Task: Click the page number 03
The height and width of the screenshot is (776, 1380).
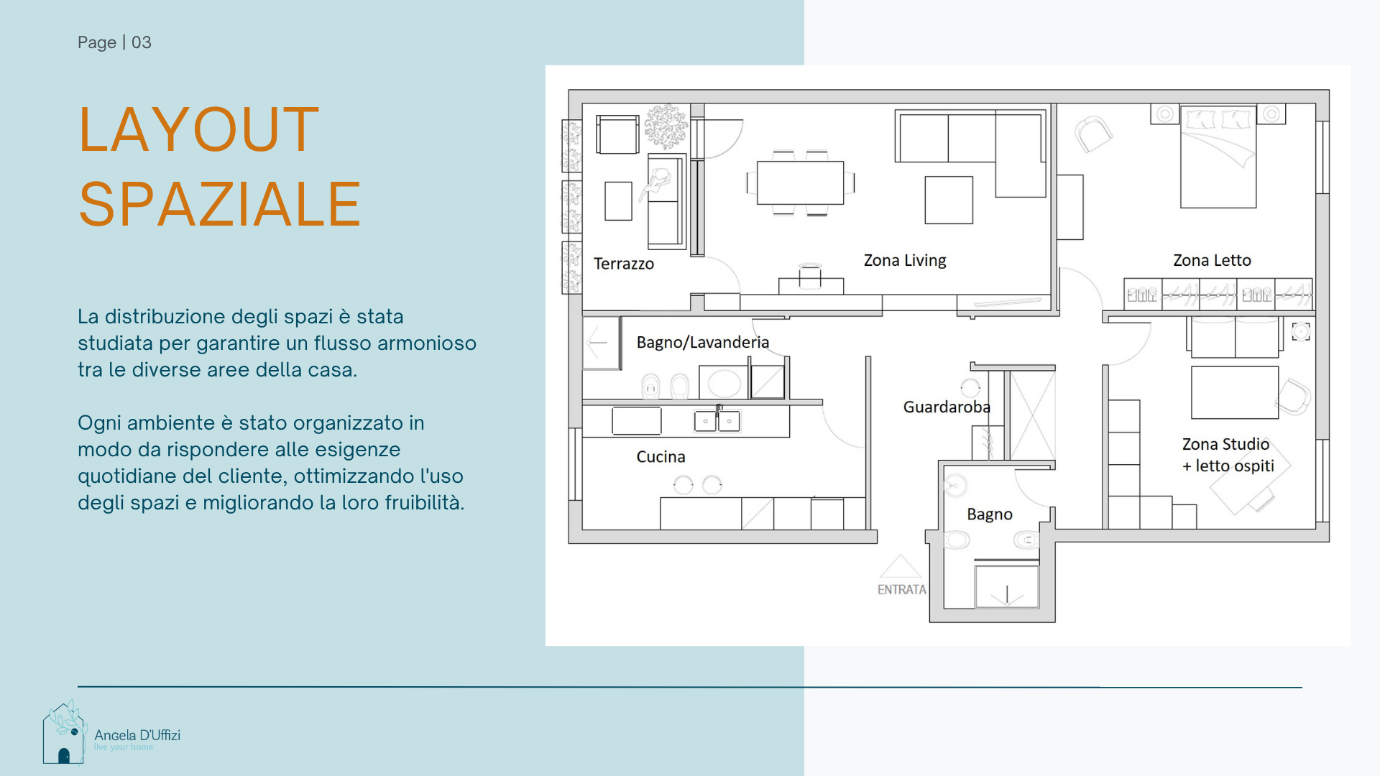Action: (x=142, y=42)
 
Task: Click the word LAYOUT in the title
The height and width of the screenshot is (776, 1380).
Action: (x=199, y=129)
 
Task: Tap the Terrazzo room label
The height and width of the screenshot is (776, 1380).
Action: (x=624, y=264)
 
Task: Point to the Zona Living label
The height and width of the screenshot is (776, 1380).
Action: (x=905, y=260)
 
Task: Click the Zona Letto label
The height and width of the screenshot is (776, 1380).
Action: (x=1212, y=260)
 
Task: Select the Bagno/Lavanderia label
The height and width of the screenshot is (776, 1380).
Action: (x=703, y=342)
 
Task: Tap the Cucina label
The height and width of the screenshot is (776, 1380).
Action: (x=661, y=456)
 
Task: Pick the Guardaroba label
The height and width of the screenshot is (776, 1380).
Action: (x=947, y=407)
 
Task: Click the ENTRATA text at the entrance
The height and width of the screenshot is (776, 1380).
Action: (x=902, y=589)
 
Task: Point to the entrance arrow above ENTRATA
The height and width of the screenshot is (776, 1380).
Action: (x=900, y=566)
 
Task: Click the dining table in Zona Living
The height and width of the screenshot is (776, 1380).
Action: (x=800, y=183)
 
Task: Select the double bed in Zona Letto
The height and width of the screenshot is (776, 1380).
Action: (x=1218, y=157)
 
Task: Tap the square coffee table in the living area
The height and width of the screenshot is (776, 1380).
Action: (x=949, y=200)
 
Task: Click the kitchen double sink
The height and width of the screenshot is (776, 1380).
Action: (x=717, y=421)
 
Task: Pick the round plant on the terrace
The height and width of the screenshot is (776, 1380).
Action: (x=666, y=126)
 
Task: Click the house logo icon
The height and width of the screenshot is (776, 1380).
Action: (x=65, y=733)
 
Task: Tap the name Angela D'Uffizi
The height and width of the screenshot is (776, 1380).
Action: (x=137, y=735)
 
